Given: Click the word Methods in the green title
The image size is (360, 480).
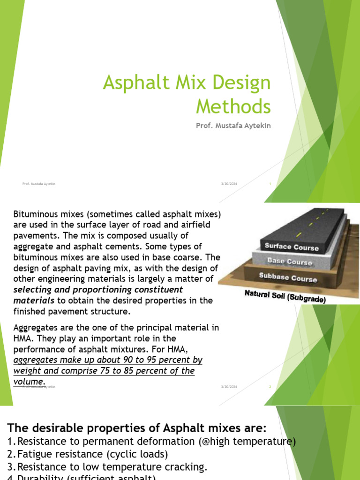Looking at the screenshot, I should [233, 106].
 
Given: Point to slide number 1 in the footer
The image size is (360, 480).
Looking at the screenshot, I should [270, 184].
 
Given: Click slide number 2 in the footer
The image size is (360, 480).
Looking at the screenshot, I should [270, 387].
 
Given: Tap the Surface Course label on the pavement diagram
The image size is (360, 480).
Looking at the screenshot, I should [291, 247].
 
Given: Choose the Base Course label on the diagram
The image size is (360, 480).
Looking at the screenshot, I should [289, 261].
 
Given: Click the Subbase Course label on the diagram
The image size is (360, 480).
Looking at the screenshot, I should [288, 277].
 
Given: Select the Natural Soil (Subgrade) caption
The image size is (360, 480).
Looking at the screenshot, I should [285, 297].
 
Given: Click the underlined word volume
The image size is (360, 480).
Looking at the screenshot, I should [29, 381].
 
